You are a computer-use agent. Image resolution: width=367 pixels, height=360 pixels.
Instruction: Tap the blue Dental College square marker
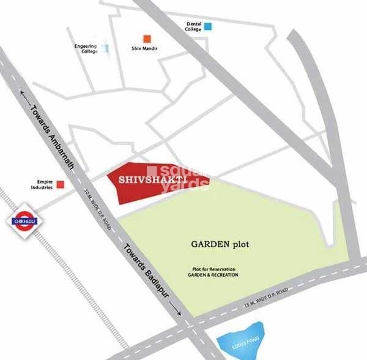[x=208, y=26]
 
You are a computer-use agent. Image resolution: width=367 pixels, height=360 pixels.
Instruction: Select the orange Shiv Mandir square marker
[x=146, y=39]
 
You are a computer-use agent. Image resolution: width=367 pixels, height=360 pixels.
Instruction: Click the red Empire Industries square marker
[x=60, y=184]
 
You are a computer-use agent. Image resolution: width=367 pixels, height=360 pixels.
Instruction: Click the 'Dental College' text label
[x=194, y=26]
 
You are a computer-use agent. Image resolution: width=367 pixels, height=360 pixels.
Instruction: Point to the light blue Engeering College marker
[x=106, y=48]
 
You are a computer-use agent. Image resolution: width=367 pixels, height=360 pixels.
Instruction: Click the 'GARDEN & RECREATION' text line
[x=213, y=276]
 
